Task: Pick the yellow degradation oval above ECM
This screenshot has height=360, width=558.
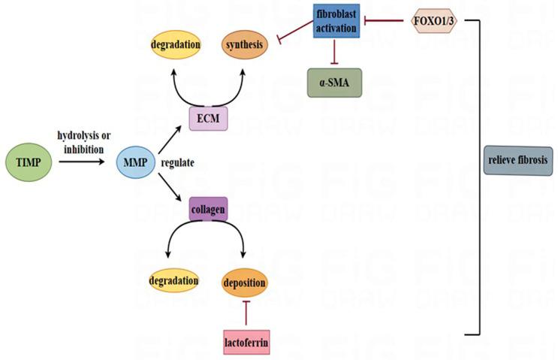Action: coord(176,46)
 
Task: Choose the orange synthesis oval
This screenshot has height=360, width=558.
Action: coord(243,46)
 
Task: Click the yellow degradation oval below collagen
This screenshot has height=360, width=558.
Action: coord(173,281)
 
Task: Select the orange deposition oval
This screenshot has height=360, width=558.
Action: coord(245,282)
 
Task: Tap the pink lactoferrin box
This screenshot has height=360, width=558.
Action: coord(246,342)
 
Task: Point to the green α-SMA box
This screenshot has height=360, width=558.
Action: coord(336,81)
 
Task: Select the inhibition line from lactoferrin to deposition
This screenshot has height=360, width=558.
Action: coord(246,313)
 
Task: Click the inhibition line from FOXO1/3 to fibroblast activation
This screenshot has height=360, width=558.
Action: coord(387,20)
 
